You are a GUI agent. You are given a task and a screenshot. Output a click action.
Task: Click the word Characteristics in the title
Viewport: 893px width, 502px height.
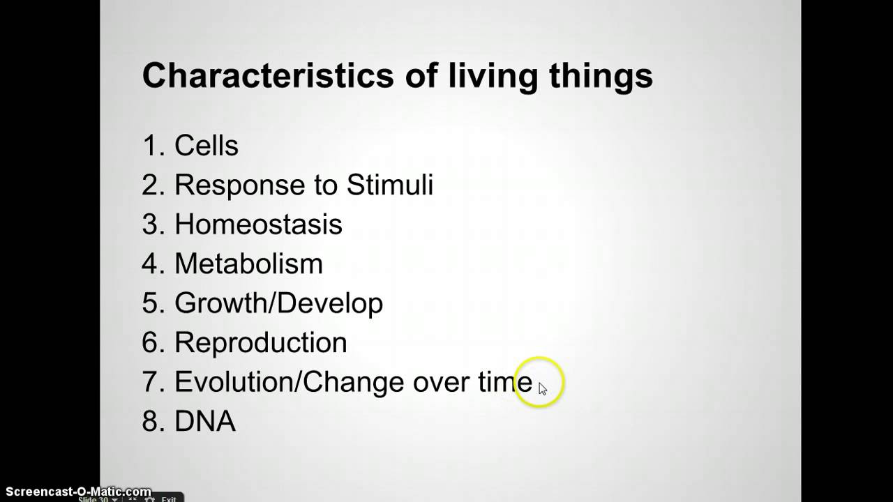[x=269, y=76]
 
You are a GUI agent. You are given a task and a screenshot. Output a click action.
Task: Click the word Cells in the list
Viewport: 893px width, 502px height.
[x=207, y=146]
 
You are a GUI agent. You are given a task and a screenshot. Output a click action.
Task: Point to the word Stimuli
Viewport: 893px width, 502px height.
[x=390, y=185]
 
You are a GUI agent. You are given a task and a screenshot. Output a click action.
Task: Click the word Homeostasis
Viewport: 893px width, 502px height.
[x=258, y=224]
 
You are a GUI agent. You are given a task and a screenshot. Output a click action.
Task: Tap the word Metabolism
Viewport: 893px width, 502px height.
[x=249, y=264]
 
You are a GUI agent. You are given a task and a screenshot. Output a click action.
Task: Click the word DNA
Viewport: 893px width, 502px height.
[x=205, y=420]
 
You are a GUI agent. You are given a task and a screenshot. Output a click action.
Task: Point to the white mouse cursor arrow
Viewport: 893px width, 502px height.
[x=543, y=389]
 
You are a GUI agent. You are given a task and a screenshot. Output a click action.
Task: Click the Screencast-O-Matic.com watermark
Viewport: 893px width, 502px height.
[x=79, y=492]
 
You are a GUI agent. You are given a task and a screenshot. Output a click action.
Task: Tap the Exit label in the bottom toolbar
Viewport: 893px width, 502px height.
[x=169, y=499]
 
